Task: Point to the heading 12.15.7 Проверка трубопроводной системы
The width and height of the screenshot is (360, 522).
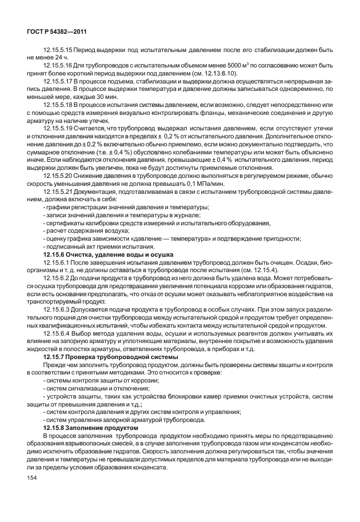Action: pyautogui.click(x=111, y=357)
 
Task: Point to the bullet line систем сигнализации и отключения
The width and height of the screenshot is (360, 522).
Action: pyautogui.click(x=89, y=387)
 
